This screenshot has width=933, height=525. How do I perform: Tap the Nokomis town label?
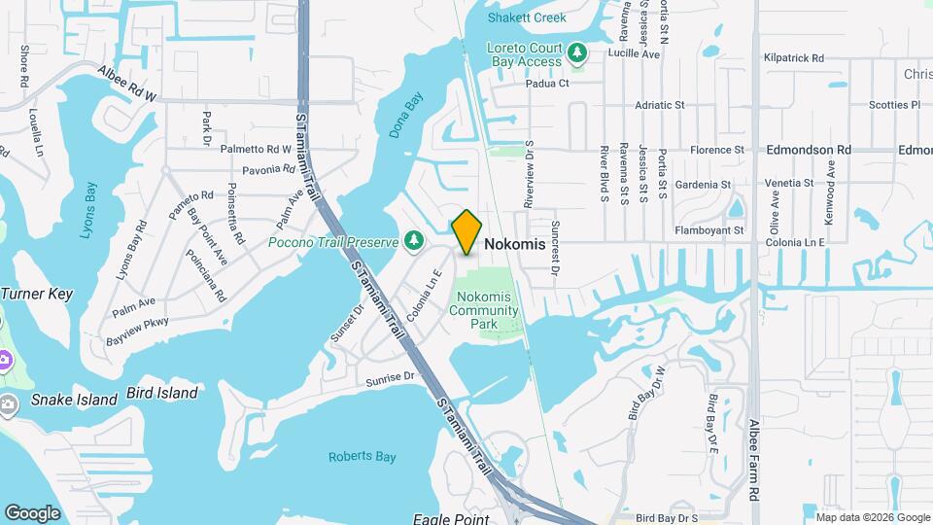(x=514, y=245)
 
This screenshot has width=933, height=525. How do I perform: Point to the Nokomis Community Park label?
(x=483, y=310)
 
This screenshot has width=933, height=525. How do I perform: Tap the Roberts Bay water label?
(x=359, y=457)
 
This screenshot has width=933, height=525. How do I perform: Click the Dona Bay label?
(x=408, y=116)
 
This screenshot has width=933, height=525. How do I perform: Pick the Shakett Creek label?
(x=533, y=17)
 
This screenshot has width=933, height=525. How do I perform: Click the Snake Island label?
(x=65, y=399)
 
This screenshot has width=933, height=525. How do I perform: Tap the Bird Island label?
(x=162, y=394)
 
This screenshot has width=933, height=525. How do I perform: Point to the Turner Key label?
(x=38, y=293)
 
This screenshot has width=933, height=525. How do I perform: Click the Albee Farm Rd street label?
(x=754, y=458)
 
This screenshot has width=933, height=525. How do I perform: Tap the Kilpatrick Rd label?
(x=794, y=58)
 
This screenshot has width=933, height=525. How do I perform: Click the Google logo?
(x=32, y=512)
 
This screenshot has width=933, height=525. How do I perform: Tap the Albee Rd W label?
(x=125, y=84)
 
